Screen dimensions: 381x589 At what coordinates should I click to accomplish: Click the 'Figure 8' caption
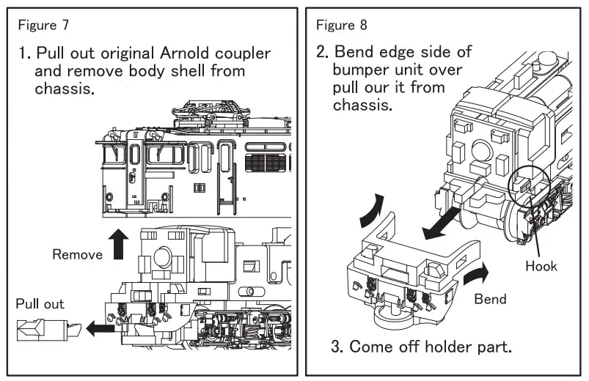tap(342, 26)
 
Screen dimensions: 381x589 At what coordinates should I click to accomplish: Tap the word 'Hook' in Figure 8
tap(541, 266)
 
